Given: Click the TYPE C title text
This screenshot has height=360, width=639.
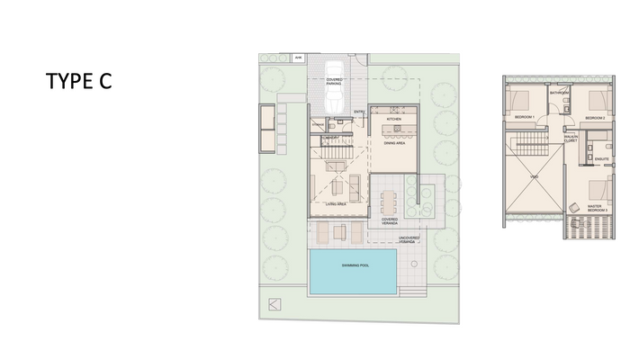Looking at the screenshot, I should click(79, 82).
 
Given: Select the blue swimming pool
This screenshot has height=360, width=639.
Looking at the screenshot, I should click(354, 268).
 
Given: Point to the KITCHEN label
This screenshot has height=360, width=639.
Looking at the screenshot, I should click(393, 120).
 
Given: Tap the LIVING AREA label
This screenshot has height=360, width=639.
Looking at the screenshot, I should click(336, 205).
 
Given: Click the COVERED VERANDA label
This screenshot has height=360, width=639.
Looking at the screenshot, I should click(390, 220).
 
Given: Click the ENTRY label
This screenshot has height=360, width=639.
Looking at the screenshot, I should click(359, 112).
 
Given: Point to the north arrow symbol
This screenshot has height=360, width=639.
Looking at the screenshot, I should click(274, 303).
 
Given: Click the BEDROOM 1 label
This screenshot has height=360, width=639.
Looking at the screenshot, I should click(524, 118).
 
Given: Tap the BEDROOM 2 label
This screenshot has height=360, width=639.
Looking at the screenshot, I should click(594, 118).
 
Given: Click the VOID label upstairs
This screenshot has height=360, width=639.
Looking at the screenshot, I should click(535, 176).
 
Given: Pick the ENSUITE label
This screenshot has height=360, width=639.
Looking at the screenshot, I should click(602, 158).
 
